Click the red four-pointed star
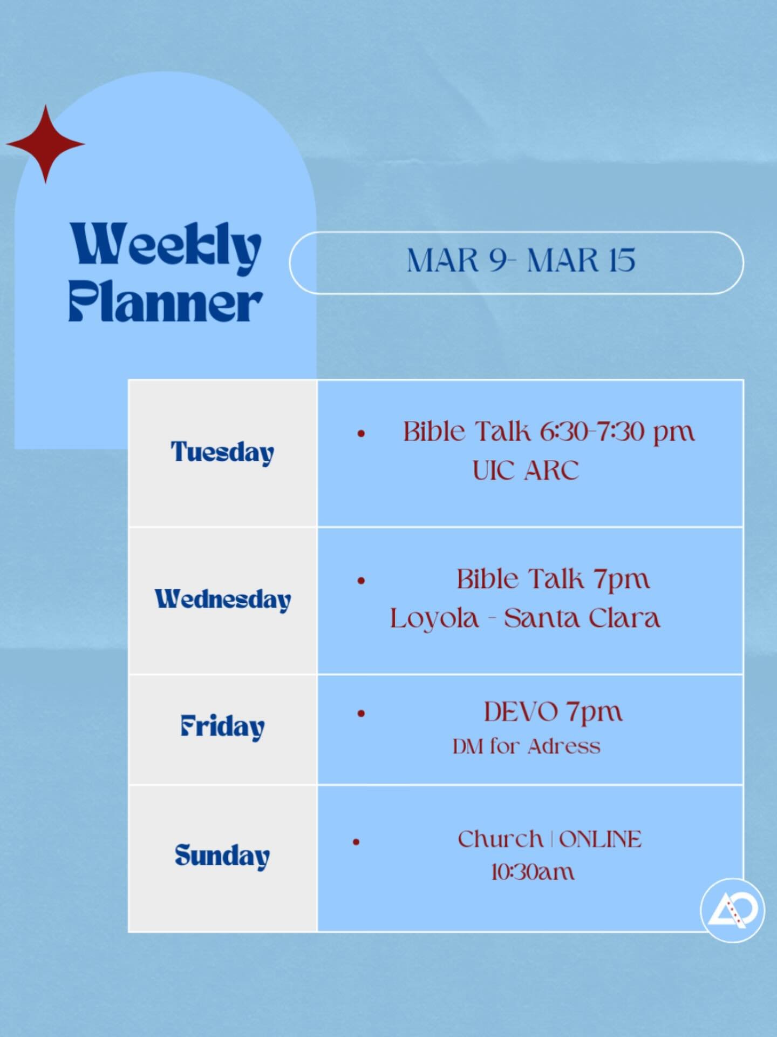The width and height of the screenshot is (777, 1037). (45, 144)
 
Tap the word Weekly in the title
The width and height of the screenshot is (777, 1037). (166, 247)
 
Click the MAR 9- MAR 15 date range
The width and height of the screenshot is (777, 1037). (521, 261)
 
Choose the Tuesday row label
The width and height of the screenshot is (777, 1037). (222, 452)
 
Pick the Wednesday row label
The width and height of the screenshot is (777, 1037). (223, 600)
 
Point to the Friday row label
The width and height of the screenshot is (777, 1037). (222, 726)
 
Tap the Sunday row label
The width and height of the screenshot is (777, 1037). (222, 856)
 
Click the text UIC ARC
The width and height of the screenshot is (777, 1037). (526, 470)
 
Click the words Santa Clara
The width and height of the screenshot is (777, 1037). (582, 618)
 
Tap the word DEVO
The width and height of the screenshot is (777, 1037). (521, 712)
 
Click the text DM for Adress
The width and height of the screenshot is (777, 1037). (527, 746)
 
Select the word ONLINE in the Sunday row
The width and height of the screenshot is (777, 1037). (601, 839)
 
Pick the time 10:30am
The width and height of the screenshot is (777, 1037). (533, 872)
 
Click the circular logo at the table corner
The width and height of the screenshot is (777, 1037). (732, 910)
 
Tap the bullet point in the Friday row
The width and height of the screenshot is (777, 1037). (361, 713)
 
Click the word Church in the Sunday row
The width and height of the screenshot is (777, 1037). (500, 839)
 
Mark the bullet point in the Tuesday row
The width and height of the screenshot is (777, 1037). (361, 433)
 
